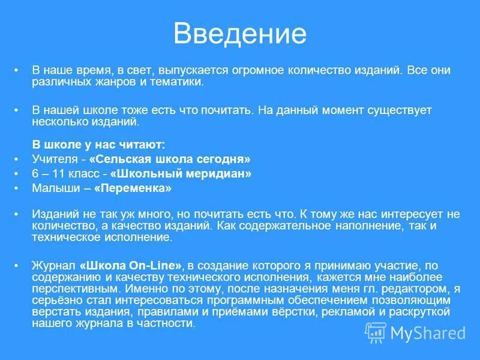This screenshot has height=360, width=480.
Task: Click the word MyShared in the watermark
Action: [428, 332]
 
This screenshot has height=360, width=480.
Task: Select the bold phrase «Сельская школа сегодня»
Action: [169, 159]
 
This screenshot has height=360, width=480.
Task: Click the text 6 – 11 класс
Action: [63, 173]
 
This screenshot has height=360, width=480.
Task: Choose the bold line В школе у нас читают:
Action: [98, 145]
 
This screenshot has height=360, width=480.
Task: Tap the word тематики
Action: [179, 82]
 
